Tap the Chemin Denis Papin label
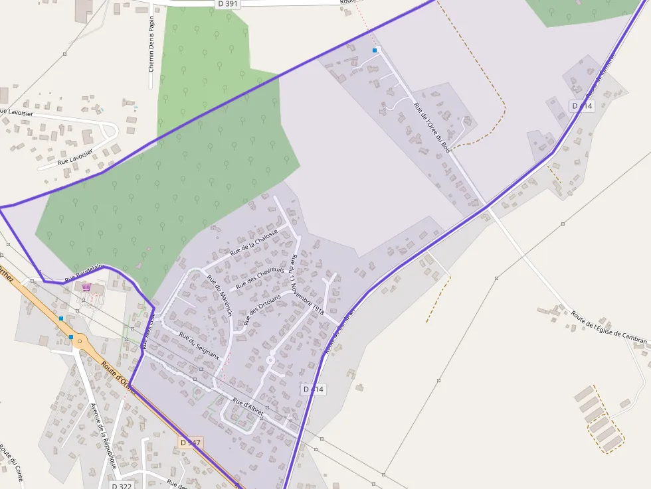tap(151, 44)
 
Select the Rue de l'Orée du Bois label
tap(432, 127)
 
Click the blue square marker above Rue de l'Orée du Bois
tap(375, 50)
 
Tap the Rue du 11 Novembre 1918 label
tap(307, 285)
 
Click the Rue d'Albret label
tap(248, 407)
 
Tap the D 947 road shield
tap(191, 442)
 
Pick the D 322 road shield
tap(122, 486)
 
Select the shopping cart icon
tap(86, 287)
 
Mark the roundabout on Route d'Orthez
tap(80, 342)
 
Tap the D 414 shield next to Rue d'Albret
tap(313, 389)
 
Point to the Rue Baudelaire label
tap(84, 271)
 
